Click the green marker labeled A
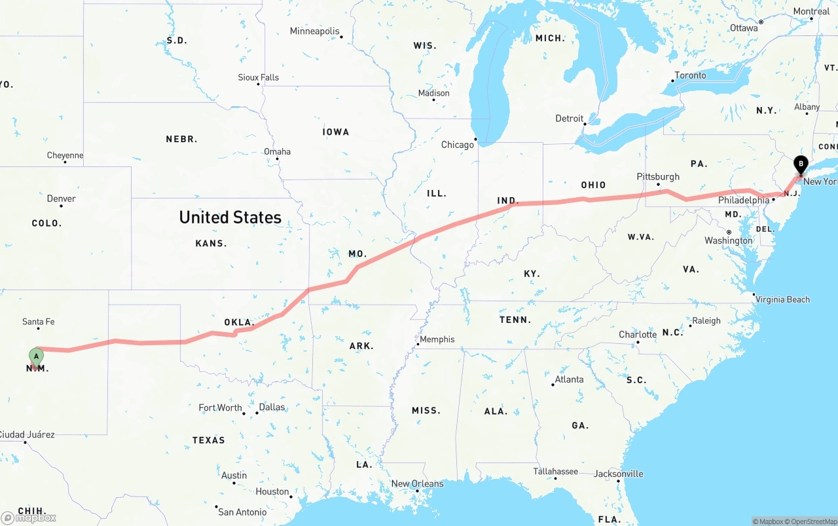36,357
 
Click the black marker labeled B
800,164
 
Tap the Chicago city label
457,145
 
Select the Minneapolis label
314,31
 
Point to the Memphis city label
437,339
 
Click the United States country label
230,217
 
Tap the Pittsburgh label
658,177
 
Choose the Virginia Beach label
782,300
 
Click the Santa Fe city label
38,322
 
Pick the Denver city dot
61,206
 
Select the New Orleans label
417,484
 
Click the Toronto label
690,75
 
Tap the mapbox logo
29,517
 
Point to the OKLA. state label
239,322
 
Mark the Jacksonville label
618,474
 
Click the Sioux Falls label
258,77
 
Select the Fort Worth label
220,408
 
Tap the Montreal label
811,11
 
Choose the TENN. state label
515,320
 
